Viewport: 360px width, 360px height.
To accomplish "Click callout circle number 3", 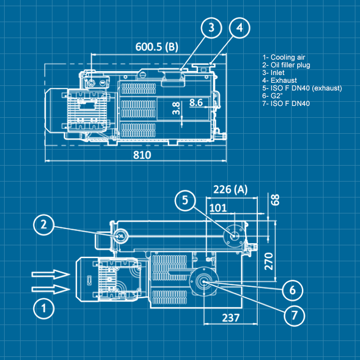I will tap(211, 29).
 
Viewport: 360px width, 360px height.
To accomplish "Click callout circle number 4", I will tap(240, 29).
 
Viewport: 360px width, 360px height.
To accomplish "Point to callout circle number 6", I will tap(293, 290).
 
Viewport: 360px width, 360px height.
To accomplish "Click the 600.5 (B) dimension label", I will tap(156, 47).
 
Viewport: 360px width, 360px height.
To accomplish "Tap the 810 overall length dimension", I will tap(142, 155).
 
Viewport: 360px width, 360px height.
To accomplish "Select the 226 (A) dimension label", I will tap(230, 190).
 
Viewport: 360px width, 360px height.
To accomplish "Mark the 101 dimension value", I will tap(219, 208).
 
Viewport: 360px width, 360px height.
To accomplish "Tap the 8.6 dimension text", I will tap(196, 102).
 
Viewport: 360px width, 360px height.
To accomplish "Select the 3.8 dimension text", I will tap(176, 109).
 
